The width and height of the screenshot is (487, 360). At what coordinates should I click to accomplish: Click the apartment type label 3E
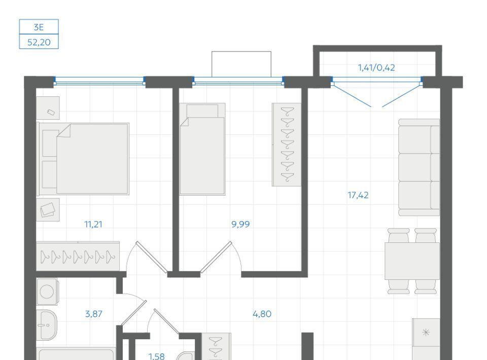[39, 27]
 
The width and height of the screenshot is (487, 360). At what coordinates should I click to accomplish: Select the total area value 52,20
[39, 42]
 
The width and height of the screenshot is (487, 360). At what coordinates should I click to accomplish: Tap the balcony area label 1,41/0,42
[376, 67]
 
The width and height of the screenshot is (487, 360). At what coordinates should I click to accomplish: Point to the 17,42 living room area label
[358, 195]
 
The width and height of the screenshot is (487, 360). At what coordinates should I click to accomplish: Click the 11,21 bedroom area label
[93, 224]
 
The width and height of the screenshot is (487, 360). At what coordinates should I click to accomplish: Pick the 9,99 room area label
[240, 224]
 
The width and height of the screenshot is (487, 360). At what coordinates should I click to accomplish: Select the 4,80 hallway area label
[262, 314]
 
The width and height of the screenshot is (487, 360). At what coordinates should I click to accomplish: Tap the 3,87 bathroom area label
[93, 314]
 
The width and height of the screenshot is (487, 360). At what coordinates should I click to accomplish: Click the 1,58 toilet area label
[157, 356]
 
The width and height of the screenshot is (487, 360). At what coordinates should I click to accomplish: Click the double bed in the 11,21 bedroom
[83, 159]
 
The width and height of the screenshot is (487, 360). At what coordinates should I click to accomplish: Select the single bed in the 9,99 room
[202, 149]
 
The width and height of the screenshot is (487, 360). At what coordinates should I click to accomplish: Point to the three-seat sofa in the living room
[419, 167]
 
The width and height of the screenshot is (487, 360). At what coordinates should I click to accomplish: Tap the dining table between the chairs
[412, 261]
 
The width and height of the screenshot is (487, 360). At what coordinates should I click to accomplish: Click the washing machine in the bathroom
[47, 292]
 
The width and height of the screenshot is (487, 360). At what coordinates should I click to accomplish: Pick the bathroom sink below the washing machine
[47, 325]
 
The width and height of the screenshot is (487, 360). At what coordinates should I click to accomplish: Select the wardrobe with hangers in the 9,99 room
[286, 145]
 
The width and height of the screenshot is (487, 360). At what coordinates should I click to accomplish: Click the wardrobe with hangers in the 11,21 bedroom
[78, 257]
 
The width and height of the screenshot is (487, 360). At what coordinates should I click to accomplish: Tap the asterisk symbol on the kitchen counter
[426, 333]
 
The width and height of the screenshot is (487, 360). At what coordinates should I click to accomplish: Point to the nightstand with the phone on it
[48, 107]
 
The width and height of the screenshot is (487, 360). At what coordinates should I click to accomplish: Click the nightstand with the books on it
[48, 210]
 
